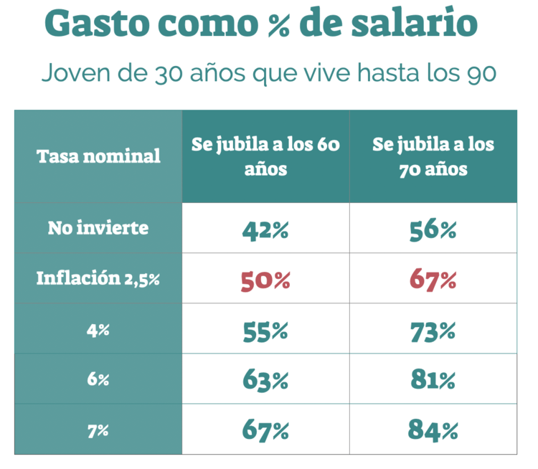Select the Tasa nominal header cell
coord(98,156)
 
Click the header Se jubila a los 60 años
coord(265,156)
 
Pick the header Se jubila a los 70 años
coord(433,156)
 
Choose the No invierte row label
coord(98,228)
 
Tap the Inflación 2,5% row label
coord(98,278)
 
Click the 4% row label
coord(98,329)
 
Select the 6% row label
coord(98,379)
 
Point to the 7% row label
coord(98,430)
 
